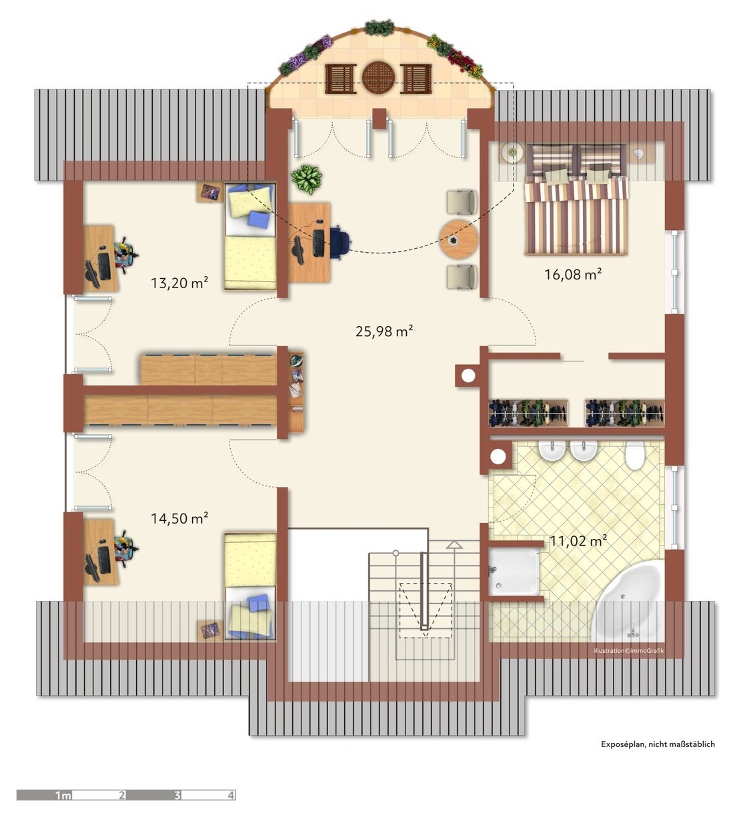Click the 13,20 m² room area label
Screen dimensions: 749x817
[179, 282]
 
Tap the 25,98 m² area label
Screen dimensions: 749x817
[384, 331]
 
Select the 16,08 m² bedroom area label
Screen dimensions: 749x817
[574, 274]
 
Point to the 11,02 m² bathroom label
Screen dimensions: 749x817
[579, 541]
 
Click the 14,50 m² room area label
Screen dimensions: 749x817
[179, 518]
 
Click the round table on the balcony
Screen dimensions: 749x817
[378, 77]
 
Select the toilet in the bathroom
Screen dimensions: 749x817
[635, 456]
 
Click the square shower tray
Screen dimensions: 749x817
[515, 572]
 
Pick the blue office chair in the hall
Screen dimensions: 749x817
[339, 241]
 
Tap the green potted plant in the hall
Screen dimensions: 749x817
[307, 179]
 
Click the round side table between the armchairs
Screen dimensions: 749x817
[459, 239]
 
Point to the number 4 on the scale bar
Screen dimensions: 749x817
[231, 795]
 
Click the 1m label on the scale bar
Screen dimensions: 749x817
[63, 796]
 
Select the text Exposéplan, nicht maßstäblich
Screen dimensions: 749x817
[658, 744]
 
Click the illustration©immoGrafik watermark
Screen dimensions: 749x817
[629, 650]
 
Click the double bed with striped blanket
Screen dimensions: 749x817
[576, 199]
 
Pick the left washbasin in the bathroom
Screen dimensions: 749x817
[552, 452]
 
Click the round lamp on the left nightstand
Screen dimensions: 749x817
[512, 152]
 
